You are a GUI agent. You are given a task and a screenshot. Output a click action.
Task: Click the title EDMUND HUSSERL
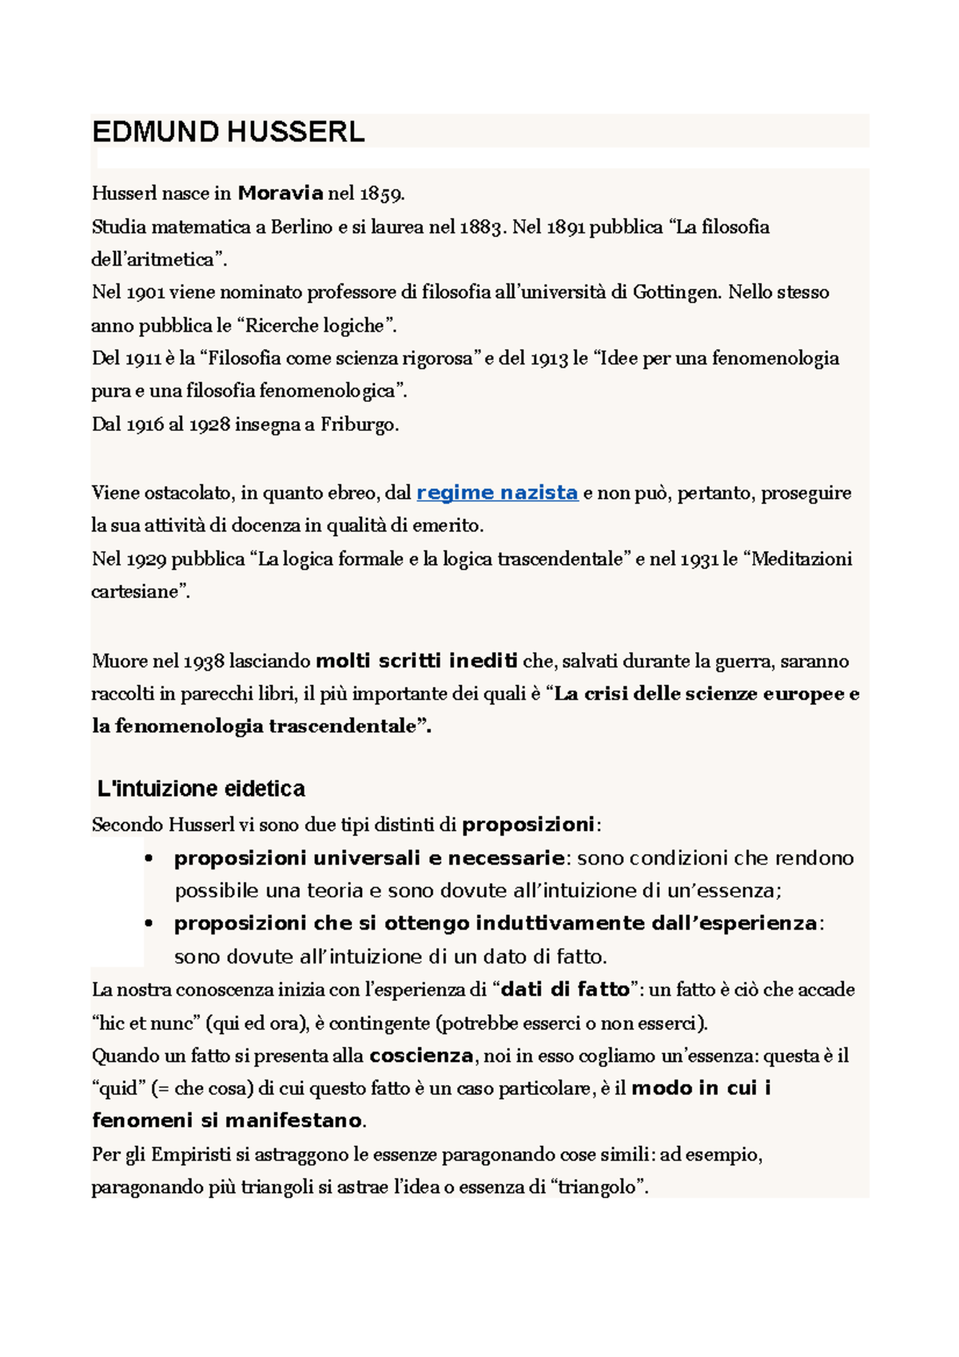229,131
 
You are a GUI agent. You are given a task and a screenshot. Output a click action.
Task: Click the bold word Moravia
281,193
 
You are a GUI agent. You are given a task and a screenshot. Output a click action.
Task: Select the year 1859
382,193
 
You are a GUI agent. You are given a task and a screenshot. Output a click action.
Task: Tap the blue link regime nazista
497,492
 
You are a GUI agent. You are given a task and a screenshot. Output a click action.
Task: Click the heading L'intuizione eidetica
201,789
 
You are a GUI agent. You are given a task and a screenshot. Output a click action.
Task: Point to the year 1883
482,227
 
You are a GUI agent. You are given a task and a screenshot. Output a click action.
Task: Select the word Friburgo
359,424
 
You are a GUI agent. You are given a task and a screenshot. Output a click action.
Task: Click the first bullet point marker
149,859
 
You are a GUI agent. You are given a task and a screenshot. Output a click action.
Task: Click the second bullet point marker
149,924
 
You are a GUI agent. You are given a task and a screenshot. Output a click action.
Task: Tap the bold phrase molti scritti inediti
416,661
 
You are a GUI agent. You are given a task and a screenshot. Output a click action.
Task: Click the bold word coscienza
421,1056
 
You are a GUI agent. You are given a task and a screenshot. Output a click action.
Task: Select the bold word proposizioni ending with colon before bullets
528,824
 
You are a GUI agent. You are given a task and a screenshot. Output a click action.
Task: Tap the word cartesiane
139,592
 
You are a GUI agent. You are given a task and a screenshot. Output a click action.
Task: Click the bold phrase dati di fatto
565,989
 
